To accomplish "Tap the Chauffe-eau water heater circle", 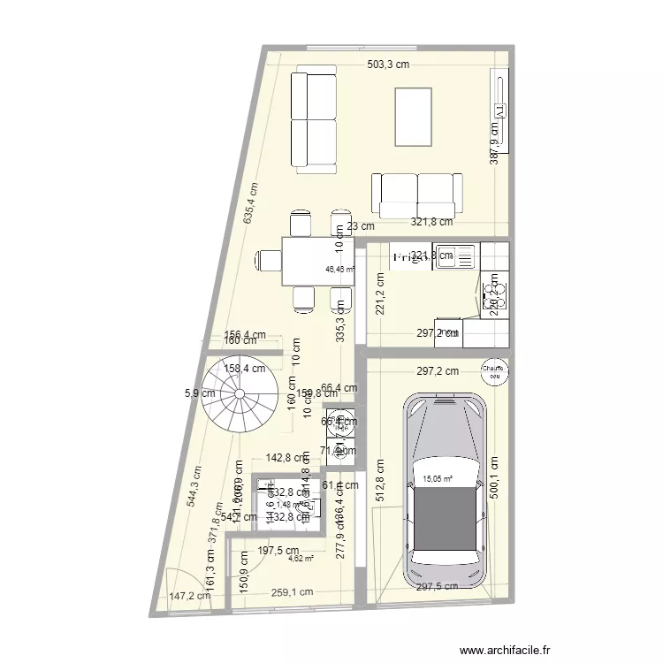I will click(491, 372).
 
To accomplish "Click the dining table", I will click(313, 262).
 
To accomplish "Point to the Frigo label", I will click(409, 258).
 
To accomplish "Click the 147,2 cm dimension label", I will click(190, 596).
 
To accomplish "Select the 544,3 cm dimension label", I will click(193, 485).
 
